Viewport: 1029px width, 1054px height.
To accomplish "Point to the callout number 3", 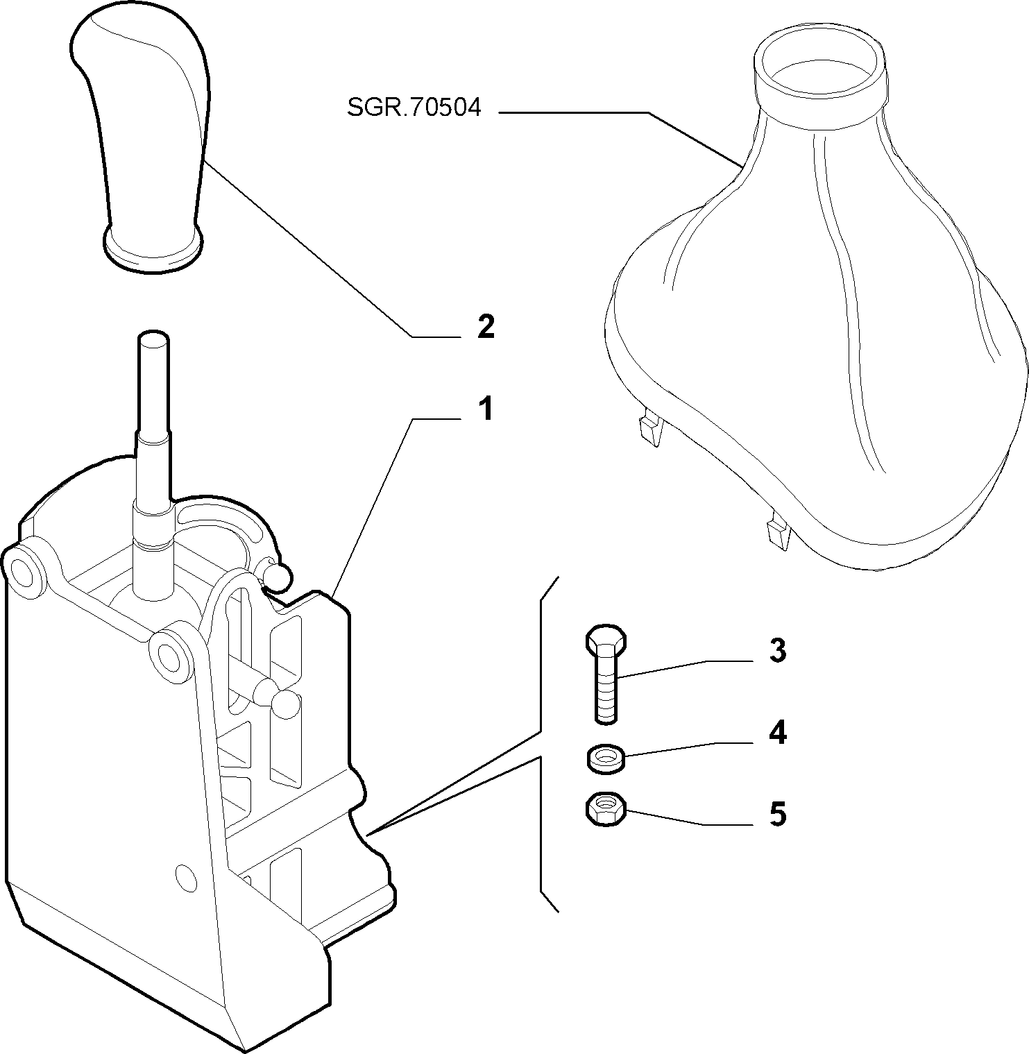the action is [x=777, y=651].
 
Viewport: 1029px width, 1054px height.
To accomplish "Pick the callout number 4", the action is [x=778, y=733].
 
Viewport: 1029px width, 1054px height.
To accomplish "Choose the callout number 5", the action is [x=778, y=813].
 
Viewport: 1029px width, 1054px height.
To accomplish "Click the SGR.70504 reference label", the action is [x=414, y=108].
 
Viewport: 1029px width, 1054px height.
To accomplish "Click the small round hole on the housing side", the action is [x=186, y=877].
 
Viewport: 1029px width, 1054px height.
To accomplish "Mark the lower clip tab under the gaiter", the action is [x=778, y=533].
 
